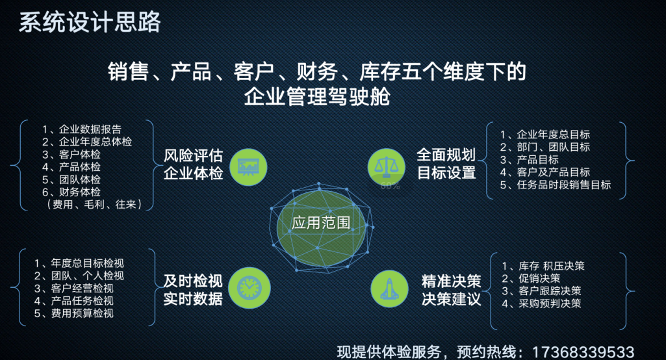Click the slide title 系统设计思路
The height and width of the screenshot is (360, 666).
point(90,22)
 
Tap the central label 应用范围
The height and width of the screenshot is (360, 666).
point(321,222)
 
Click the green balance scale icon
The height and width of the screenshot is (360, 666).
point(386,167)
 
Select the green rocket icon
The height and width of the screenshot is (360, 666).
point(389,289)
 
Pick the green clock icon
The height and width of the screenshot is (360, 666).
point(250,288)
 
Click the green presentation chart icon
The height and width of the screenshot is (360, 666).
point(248,167)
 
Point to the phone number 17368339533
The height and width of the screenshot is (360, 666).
point(583,352)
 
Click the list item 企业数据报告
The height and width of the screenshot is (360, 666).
point(90,129)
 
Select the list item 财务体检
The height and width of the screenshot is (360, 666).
point(80,192)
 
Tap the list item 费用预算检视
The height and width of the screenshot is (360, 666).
point(83,313)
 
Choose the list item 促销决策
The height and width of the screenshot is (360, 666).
point(539,278)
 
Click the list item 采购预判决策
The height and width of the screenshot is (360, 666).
point(550,303)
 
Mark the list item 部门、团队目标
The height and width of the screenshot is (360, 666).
point(554,147)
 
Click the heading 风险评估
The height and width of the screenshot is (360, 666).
point(193,155)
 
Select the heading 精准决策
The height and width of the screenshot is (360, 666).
point(451,281)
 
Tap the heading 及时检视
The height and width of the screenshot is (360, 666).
point(193,281)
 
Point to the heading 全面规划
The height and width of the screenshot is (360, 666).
point(446,155)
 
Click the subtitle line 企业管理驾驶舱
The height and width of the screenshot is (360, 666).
point(317,96)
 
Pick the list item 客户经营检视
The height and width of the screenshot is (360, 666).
point(83,288)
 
